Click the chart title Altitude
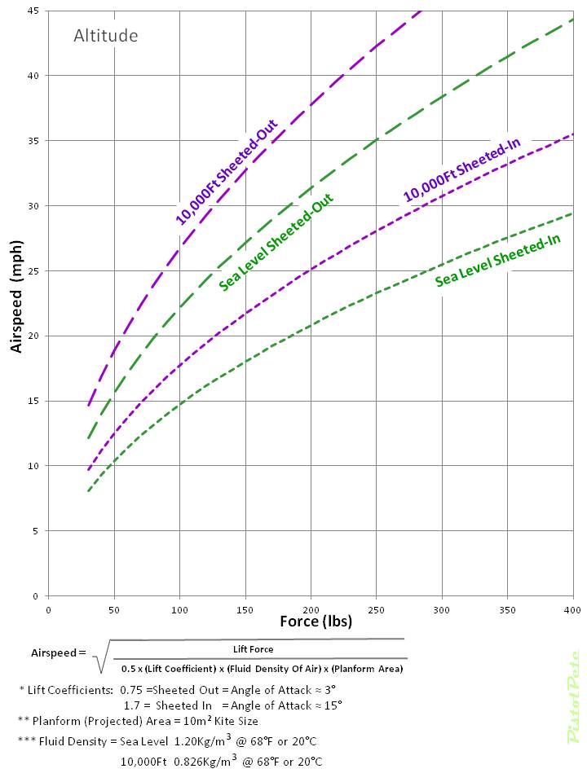105,36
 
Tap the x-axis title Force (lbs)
316,622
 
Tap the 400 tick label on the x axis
573,609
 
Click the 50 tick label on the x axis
113,609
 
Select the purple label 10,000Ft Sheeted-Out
226,172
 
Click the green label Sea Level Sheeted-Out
278,242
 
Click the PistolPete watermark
573,696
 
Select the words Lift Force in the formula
254,649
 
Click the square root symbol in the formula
102,656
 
